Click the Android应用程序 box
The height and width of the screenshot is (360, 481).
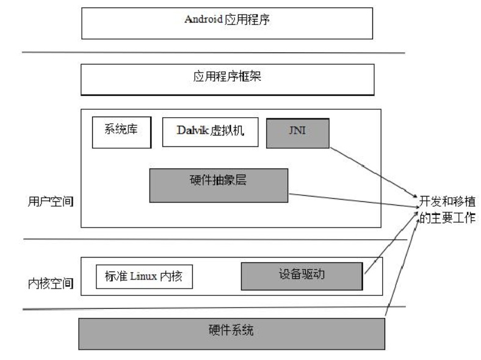pyautogui.click(x=227, y=23)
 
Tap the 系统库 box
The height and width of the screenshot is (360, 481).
pyautogui.click(x=121, y=132)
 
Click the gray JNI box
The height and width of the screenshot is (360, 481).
pyautogui.click(x=298, y=132)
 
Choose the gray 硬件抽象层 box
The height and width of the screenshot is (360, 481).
pyautogui.click(x=219, y=185)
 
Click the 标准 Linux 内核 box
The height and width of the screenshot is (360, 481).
pyautogui.click(x=144, y=277)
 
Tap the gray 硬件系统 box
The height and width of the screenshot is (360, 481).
pyautogui.click(x=232, y=333)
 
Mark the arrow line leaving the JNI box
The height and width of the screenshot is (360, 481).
pyautogui.click(x=372, y=171)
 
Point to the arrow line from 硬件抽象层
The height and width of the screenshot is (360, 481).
pyautogui.click(x=354, y=200)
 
